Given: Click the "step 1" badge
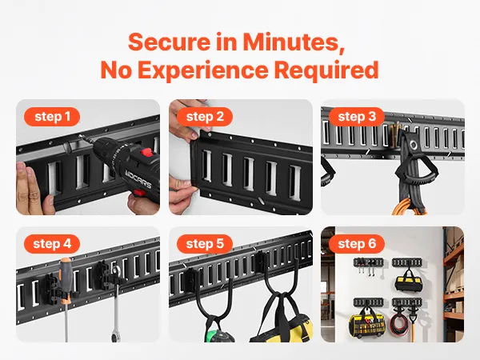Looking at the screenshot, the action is (x=52, y=117).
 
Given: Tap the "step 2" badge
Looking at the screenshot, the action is (x=205, y=117).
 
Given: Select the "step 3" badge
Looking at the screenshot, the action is (x=357, y=117).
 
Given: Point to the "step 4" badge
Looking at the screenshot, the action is (x=52, y=244).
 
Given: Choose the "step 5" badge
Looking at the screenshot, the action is (x=205, y=244).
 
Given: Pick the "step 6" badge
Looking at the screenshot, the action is (x=357, y=244).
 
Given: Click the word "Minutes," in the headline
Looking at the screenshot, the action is (x=294, y=42).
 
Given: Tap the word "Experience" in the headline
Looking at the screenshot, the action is (x=202, y=70).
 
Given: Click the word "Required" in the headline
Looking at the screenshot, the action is (x=326, y=70).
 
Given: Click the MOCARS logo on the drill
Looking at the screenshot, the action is (x=138, y=180).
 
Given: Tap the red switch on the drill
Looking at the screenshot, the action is (x=147, y=152).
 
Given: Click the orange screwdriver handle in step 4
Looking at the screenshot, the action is (x=66, y=280).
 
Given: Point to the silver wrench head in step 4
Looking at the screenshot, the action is (x=116, y=272).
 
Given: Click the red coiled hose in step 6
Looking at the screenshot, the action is (x=398, y=325).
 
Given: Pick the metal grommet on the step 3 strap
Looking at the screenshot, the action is (x=414, y=145).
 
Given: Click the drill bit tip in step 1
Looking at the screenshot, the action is (x=80, y=136).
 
